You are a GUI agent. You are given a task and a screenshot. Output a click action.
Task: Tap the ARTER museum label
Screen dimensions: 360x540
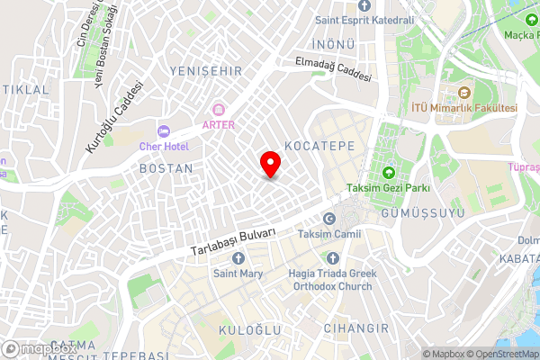[218, 124]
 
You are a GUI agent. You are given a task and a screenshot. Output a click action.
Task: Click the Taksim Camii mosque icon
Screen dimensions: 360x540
[328, 220]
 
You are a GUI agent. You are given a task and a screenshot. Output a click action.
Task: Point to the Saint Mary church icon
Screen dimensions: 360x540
[238, 258]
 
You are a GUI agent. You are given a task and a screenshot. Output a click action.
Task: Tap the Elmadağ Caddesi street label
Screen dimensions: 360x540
[334, 70]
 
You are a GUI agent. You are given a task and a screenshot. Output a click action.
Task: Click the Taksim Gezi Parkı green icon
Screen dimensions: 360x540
[389, 173]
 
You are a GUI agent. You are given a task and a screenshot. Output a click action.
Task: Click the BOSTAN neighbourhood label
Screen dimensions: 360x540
[166, 168]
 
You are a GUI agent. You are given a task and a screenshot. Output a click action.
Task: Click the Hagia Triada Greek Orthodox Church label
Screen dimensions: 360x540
[330, 280]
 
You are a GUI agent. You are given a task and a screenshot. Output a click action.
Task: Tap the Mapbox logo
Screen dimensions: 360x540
[38, 349]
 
